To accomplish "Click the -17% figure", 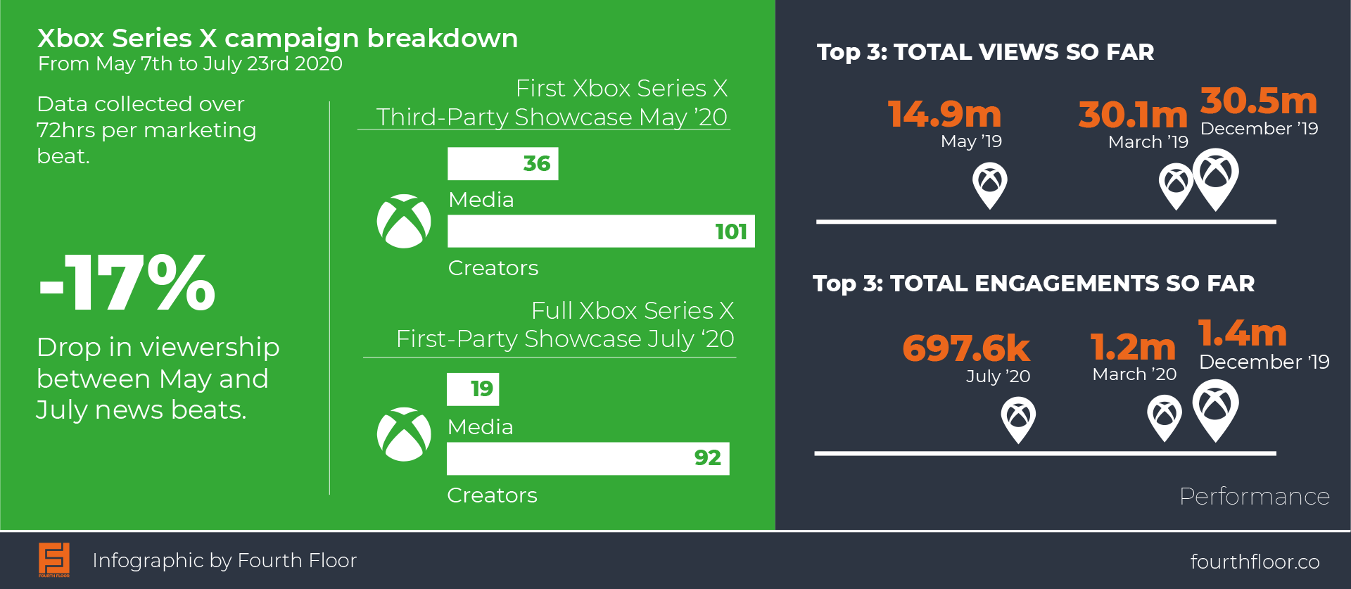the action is coord(127,283).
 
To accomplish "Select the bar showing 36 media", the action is coord(503,164).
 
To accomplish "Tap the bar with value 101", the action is coord(601,231).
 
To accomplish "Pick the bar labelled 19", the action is coord(473,389).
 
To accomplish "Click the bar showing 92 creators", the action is coord(588,459).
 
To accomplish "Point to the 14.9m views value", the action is coord(944,114).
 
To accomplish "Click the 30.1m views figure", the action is coord(1133,114).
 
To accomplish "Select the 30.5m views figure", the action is coord(1259,101).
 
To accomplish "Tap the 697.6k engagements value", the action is coord(966,348).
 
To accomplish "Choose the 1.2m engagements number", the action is coord(1133,347).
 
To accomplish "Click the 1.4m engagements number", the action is coord(1243,333).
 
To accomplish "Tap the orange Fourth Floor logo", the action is coord(54,560).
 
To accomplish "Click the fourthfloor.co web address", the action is coord(1255,562).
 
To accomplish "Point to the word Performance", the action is coord(1255,496).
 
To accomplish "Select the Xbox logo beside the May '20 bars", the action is coord(404,221).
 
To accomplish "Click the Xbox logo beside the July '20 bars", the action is coord(404,434).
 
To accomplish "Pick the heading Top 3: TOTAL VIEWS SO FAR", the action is coord(985,52).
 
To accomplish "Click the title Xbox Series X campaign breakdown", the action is coord(277,39).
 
